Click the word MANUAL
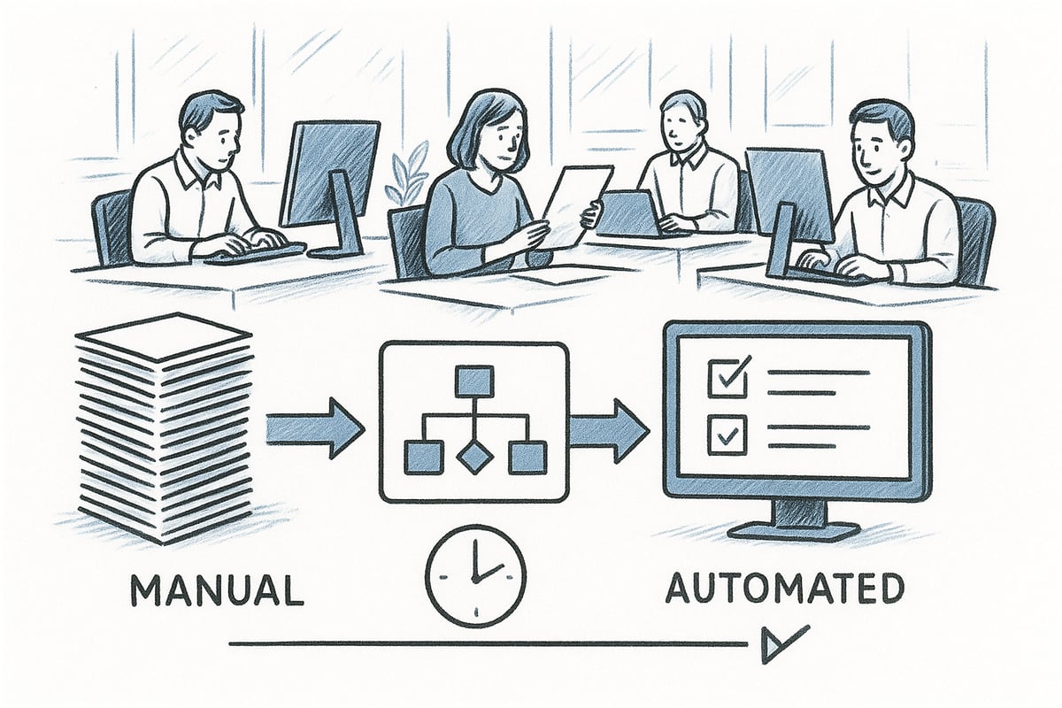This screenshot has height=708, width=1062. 217,590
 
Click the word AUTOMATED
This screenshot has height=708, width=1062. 783,589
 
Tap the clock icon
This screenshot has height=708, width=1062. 475,575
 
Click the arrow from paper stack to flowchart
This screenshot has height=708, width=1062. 315,429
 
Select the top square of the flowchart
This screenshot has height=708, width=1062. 475,382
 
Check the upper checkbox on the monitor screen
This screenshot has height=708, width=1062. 727,375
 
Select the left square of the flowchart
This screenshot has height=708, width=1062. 422,457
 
